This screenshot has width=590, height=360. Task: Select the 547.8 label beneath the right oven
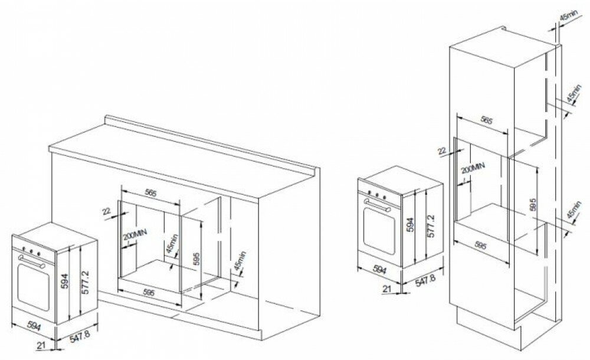point(424,279)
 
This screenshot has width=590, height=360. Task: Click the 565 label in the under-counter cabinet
point(151,192)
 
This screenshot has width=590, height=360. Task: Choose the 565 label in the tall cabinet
point(486,120)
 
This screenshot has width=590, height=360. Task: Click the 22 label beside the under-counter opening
point(106,210)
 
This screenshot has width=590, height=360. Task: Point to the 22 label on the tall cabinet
point(442,152)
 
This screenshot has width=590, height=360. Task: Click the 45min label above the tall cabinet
point(566,18)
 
